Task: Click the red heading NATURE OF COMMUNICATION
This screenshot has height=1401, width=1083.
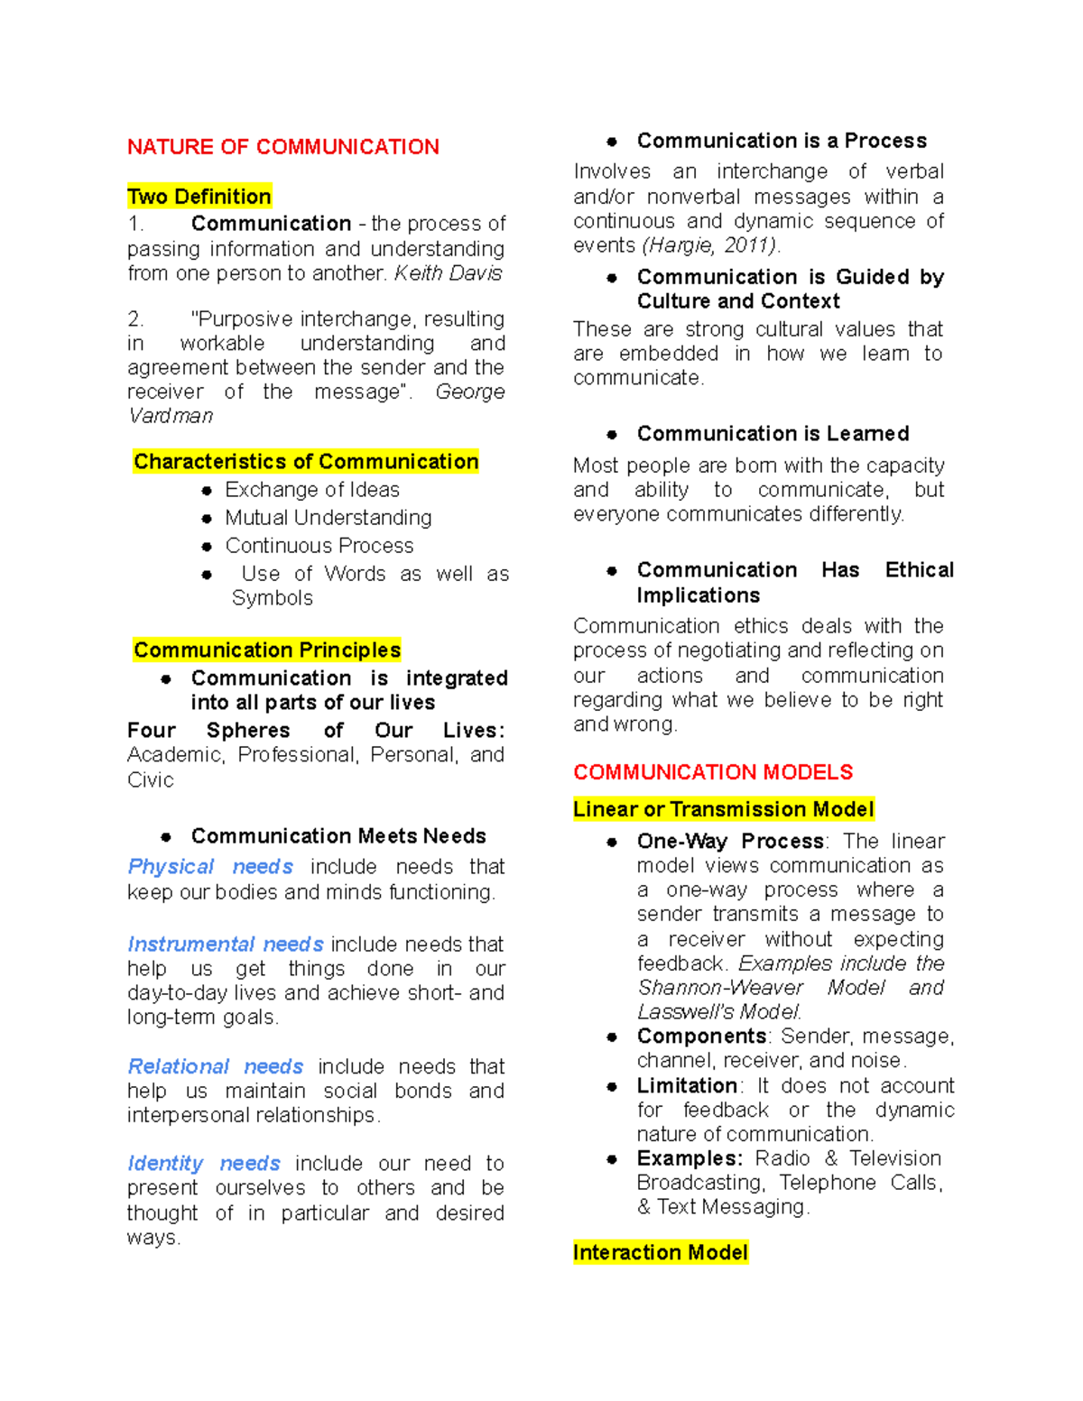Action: (x=282, y=147)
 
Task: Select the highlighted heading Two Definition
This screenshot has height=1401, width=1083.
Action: (x=199, y=197)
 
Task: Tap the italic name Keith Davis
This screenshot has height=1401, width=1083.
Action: (x=448, y=273)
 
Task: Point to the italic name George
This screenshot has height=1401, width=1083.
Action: (x=469, y=392)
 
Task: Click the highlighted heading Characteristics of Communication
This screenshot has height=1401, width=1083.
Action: (x=305, y=462)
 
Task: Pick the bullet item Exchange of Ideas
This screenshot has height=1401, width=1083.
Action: (x=311, y=490)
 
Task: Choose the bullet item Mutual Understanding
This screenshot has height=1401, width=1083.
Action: (x=328, y=518)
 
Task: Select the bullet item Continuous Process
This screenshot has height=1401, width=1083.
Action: (x=319, y=546)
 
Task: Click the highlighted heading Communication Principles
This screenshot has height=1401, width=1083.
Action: (x=266, y=650)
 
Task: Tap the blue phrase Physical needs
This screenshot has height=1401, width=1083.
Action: (x=210, y=867)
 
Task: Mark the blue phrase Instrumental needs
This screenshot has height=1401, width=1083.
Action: (x=226, y=945)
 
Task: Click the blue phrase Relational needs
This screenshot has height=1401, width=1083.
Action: (x=215, y=1066)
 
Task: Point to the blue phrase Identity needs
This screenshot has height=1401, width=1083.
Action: (x=204, y=1164)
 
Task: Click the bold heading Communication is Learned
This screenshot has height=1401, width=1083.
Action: (x=773, y=434)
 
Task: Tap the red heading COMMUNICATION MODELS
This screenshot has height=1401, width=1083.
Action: (x=713, y=772)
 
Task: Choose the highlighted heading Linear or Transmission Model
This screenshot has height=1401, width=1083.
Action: (x=723, y=809)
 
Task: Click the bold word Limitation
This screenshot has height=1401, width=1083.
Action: (x=687, y=1085)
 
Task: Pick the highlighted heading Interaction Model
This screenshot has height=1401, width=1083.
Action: (x=660, y=1252)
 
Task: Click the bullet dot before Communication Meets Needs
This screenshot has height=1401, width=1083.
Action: (x=166, y=837)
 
